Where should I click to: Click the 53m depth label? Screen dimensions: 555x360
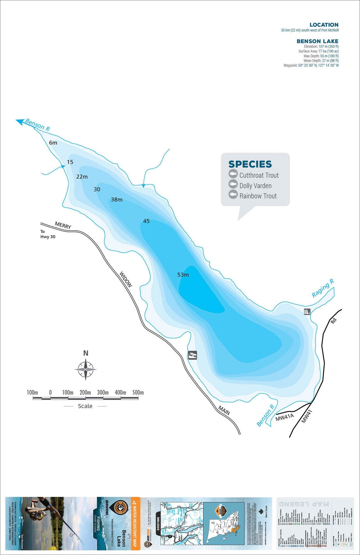(x=183, y=275)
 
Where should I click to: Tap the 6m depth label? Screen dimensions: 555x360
(x=53, y=143)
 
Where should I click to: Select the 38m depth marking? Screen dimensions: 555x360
(x=117, y=200)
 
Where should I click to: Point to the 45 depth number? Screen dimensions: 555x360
(x=146, y=221)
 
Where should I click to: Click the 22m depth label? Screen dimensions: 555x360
(x=82, y=177)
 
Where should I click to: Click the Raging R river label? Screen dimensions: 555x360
(x=323, y=288)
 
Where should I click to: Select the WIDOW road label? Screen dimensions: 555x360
(x=126, y=279)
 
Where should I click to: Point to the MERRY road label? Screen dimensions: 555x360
(x=63, y=225)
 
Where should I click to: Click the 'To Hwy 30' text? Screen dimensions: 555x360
(x=47, y=234)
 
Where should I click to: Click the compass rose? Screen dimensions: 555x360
(x=85, y=370)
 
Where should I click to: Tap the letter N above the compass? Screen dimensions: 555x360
(x=86, y=353)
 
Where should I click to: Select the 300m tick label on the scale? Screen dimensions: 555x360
(x=103, y=392)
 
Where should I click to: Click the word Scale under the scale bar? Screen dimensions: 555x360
(x=85, y=406)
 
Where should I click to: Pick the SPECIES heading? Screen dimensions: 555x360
(x=250, y=164)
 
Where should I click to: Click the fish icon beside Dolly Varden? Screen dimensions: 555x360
(x=233, y=185)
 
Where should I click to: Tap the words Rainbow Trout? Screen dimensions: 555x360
(x=258, y=196)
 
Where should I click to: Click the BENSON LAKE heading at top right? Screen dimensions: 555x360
(x=317, y=41)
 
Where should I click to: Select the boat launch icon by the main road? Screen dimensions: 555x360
(x=193, y=355)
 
